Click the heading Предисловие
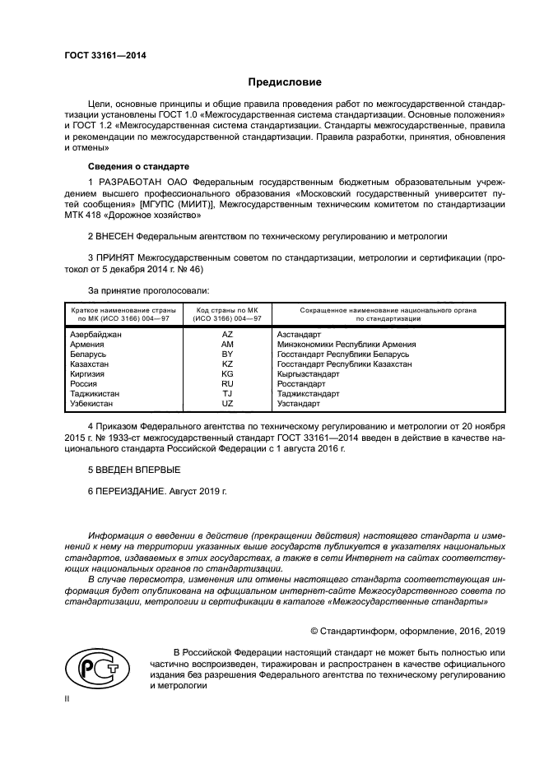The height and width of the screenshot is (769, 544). click(x=286, y=82)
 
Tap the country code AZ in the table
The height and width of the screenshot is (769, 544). click(x=227, y=335)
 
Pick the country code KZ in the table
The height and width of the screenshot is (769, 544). click(x=227, y=364)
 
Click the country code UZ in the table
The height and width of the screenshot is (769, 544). click(x=227, y=404)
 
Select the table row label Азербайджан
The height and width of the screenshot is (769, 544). click(x=96, y=335)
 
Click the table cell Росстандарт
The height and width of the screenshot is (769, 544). click(x=301, y=384)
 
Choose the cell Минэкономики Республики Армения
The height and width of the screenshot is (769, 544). click(x=346, y=345)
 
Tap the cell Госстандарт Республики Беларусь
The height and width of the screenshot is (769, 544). click(x=343, y=354)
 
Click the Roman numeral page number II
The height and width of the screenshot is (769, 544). click(x=68, y=697)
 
